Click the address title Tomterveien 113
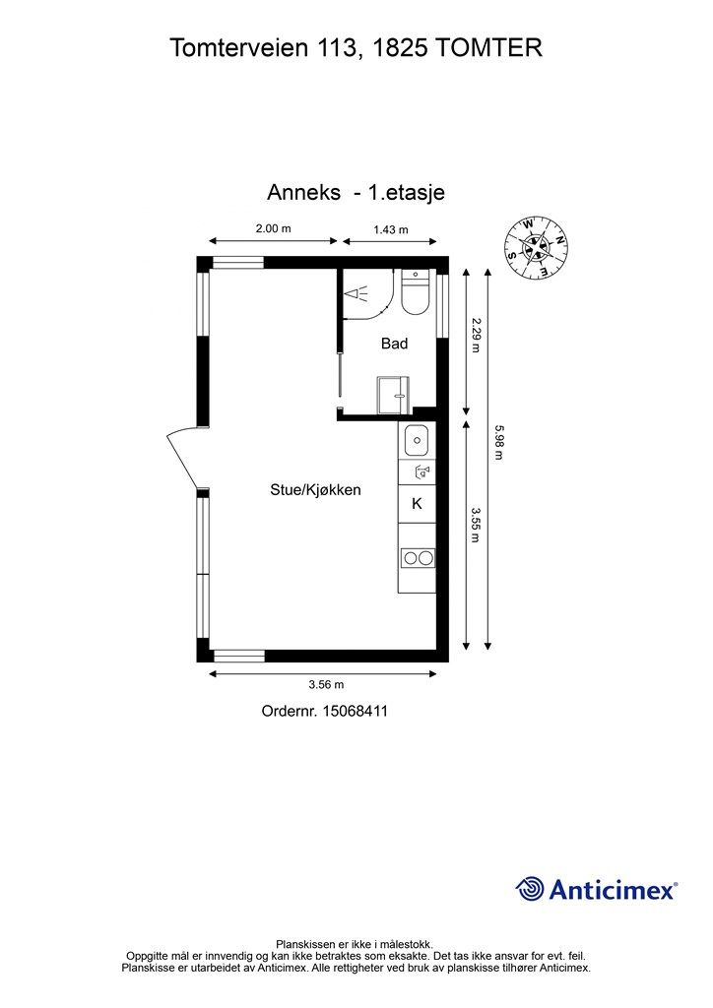tap(356, 47)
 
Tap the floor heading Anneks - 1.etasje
tap(356, 192)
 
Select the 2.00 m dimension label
tap(273, 228)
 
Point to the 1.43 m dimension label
tap(391, 229)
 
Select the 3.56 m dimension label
tap(326, 684)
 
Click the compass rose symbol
tap(536, 247)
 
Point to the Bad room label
tap(394, 344)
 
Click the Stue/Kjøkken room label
tap(315, 489)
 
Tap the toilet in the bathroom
tap(415, 292)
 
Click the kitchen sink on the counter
tap(417, 438)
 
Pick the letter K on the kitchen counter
tap(417, 503)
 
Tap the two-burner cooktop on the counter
tap(417, 558)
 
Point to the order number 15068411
tap(325, 710)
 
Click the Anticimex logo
tap(597, 889)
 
